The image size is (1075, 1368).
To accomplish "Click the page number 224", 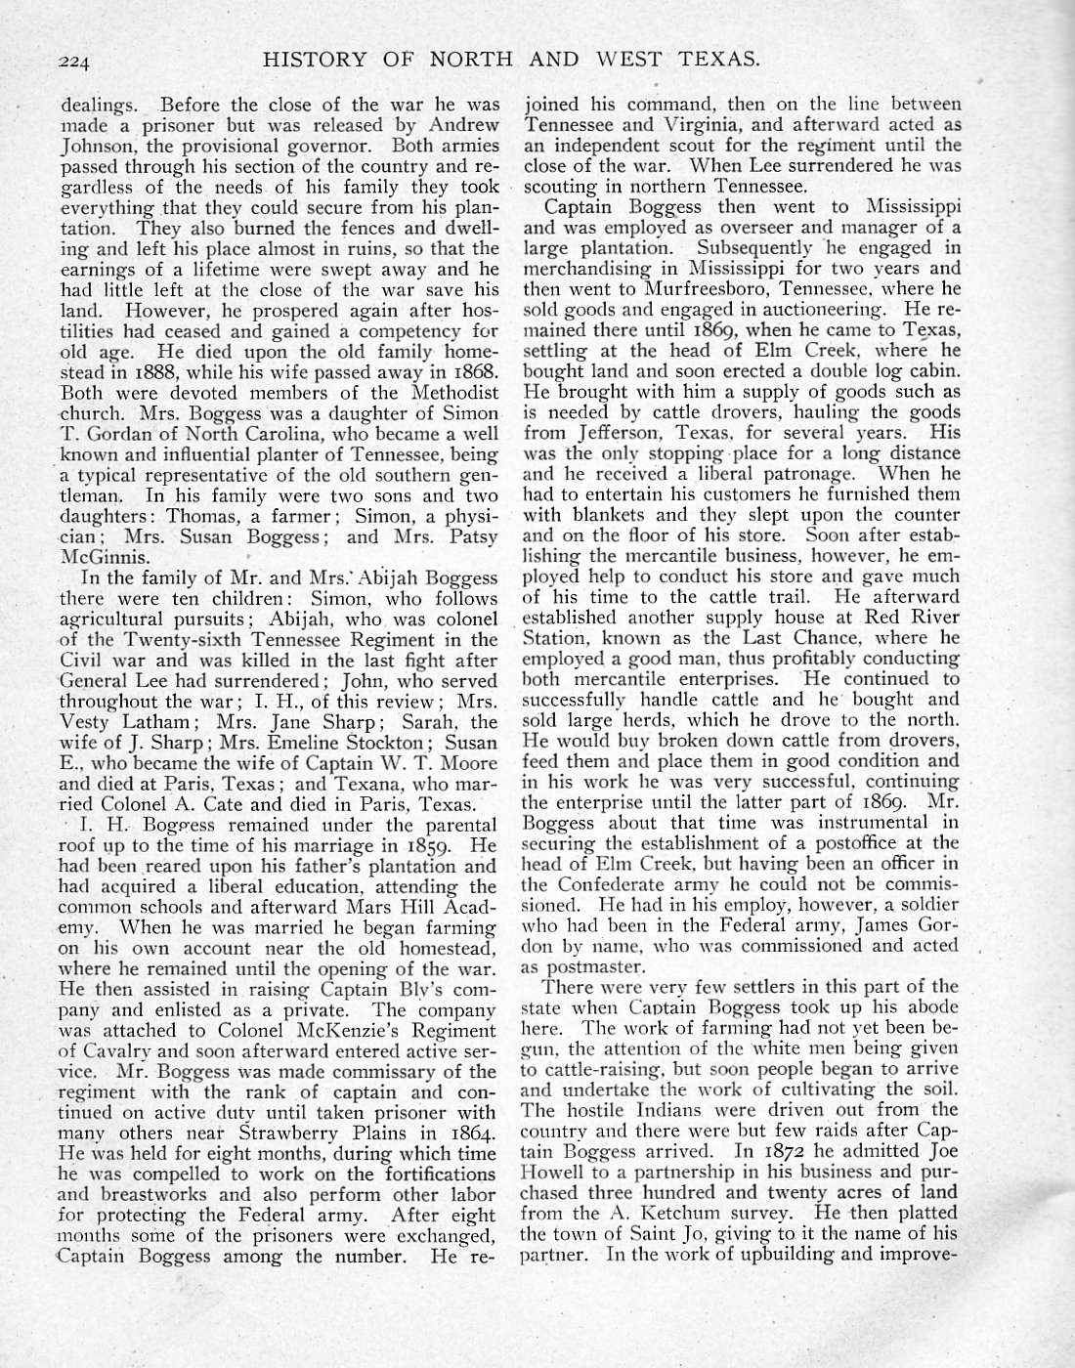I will (73, 62).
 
